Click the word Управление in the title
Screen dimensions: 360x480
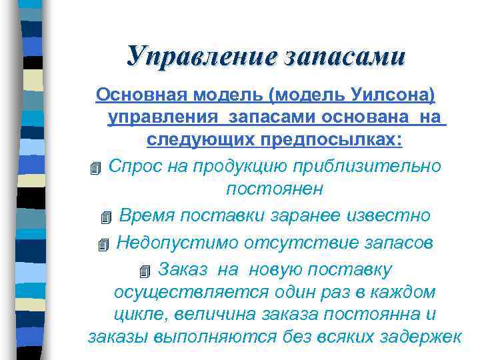coord(201,55)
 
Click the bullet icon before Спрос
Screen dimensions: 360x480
coord(96,167)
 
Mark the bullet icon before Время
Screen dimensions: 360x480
coord(107,217)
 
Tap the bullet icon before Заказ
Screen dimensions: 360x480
coord(146,271)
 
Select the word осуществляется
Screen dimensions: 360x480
coord(191,292)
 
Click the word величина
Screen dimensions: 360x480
coord(203,314)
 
